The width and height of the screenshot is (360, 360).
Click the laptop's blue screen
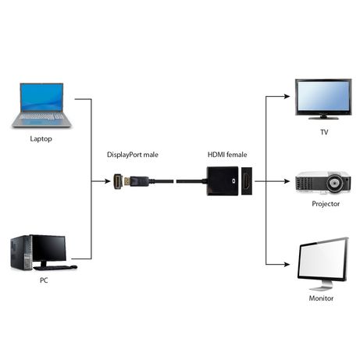click(41, 97)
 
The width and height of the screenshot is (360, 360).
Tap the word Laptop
click(41, 139)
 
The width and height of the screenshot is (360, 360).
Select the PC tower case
click(21, 253)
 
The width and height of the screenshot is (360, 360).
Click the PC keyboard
click(55, 267)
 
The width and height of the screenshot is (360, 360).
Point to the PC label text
click(44, 280)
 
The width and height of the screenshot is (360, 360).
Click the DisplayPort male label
click(133, 155)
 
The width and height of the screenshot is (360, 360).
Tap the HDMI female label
click(227, 155)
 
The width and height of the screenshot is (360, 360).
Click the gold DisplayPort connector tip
click(127, 180)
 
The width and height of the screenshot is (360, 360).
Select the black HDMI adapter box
click(223, 181)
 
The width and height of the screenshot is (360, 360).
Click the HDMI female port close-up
click(247, 181)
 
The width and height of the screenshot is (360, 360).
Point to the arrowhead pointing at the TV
click(287, 97)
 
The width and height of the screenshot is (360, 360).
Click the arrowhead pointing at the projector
click(287, 181)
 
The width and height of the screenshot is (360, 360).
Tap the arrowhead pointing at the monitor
click(287, 265)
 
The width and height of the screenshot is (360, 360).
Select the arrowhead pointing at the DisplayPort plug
click(107, 181)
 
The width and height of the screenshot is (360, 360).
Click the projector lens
click(334, 183)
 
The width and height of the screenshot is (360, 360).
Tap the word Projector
click(326, 204)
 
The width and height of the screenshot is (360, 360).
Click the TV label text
click(324, 132)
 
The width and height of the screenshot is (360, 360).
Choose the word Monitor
click(321, 298)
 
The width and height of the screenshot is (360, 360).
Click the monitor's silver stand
click(322, 286)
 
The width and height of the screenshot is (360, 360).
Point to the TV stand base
click(323, 118)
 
